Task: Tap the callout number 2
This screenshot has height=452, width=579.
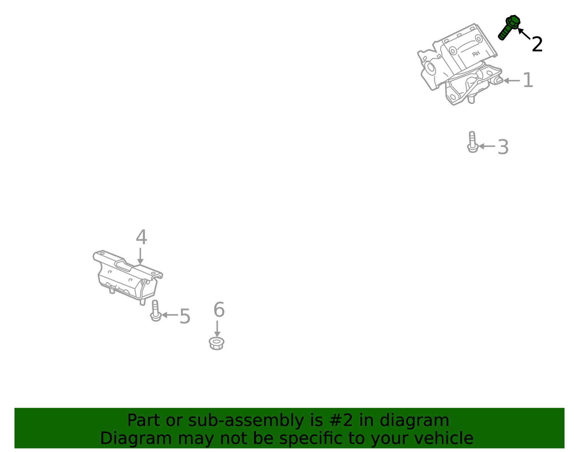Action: point(537,45)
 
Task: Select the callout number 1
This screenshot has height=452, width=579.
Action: point(528,80)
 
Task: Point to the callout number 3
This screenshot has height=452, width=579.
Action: point(503,147)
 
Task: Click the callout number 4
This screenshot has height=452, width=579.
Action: point(141,237)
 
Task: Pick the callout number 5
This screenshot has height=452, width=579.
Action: point(185,316)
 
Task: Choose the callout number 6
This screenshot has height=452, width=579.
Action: point(219,310)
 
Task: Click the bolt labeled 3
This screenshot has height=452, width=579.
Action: point(472,142)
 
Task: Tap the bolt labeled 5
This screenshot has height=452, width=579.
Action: point(155,311)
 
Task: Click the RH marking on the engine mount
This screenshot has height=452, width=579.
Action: point(476,54)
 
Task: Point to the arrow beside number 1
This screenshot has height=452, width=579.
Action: point(511,81)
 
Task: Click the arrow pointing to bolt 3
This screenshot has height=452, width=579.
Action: point(487,146)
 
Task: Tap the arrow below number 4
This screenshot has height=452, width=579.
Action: point(140,256)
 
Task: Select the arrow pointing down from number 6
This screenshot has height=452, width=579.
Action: point(217,329)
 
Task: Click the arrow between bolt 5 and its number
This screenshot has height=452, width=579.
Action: point(169,315)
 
